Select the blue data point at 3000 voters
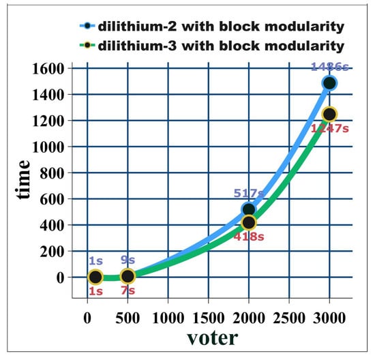[329, 83]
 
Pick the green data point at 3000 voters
[329, 114]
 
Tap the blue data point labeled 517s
[249, 209]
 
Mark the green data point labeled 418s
[249, 222]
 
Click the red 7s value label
[127, 291]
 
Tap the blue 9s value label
[127, 261]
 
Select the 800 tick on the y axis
[50, 173]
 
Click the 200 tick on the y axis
[50, 251]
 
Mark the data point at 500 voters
[127, 276]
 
